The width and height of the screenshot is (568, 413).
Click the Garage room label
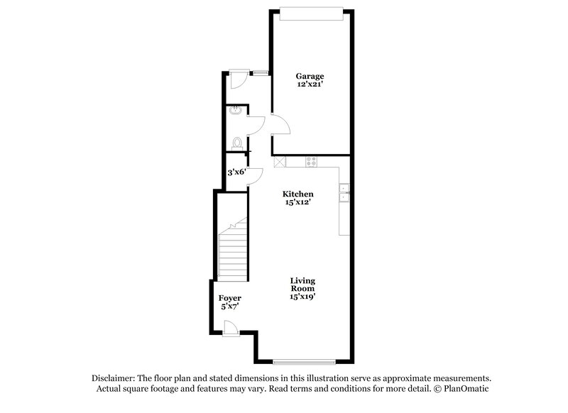(310, 76)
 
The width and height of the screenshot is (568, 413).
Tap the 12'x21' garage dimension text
(310, 84)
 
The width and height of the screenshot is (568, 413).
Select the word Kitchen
(298, 194)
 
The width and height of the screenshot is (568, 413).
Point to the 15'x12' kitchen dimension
(298, 202)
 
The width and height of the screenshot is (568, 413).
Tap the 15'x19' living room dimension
(302, 297)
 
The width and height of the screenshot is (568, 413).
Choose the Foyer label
(229, 298)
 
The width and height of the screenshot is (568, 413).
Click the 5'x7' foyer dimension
(229, 307)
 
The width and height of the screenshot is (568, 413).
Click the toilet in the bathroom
(236, 143)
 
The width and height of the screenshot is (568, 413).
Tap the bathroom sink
(236, 111)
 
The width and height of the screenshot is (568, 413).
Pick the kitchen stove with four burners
(310, 162)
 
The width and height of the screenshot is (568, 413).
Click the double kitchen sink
(344, 193)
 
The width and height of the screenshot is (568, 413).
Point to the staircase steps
(232, 252)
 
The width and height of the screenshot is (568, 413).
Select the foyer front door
(231, 327)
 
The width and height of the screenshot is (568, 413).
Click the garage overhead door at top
(311, 9)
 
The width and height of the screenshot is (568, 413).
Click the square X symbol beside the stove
(280, 162)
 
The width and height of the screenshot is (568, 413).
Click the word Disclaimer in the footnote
(114, 378)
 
